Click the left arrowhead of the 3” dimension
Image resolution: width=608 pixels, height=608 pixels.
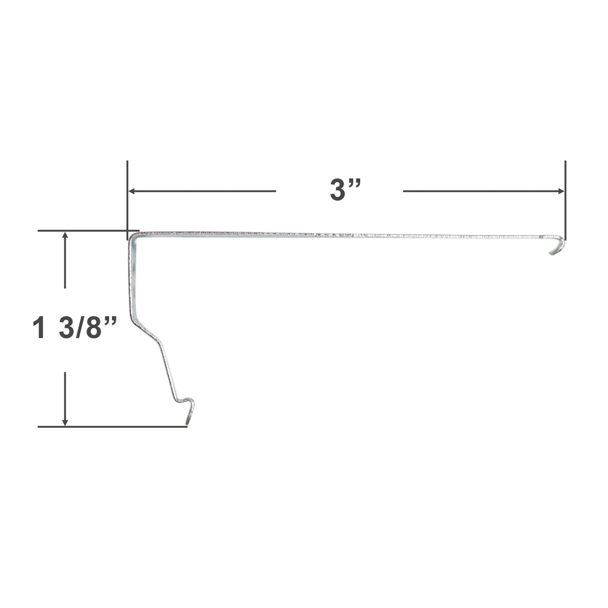(x=131, y=191)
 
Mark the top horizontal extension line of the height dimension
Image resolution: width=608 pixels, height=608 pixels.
(x=81, y=231)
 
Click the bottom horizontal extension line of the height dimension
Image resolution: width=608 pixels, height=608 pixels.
(x=111, y=427)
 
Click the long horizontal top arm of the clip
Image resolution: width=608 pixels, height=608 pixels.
(x=345, y=235)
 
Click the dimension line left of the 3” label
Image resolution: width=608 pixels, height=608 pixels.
(x=203, y=191)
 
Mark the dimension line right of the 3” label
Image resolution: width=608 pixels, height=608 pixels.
(x=481, y=191)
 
